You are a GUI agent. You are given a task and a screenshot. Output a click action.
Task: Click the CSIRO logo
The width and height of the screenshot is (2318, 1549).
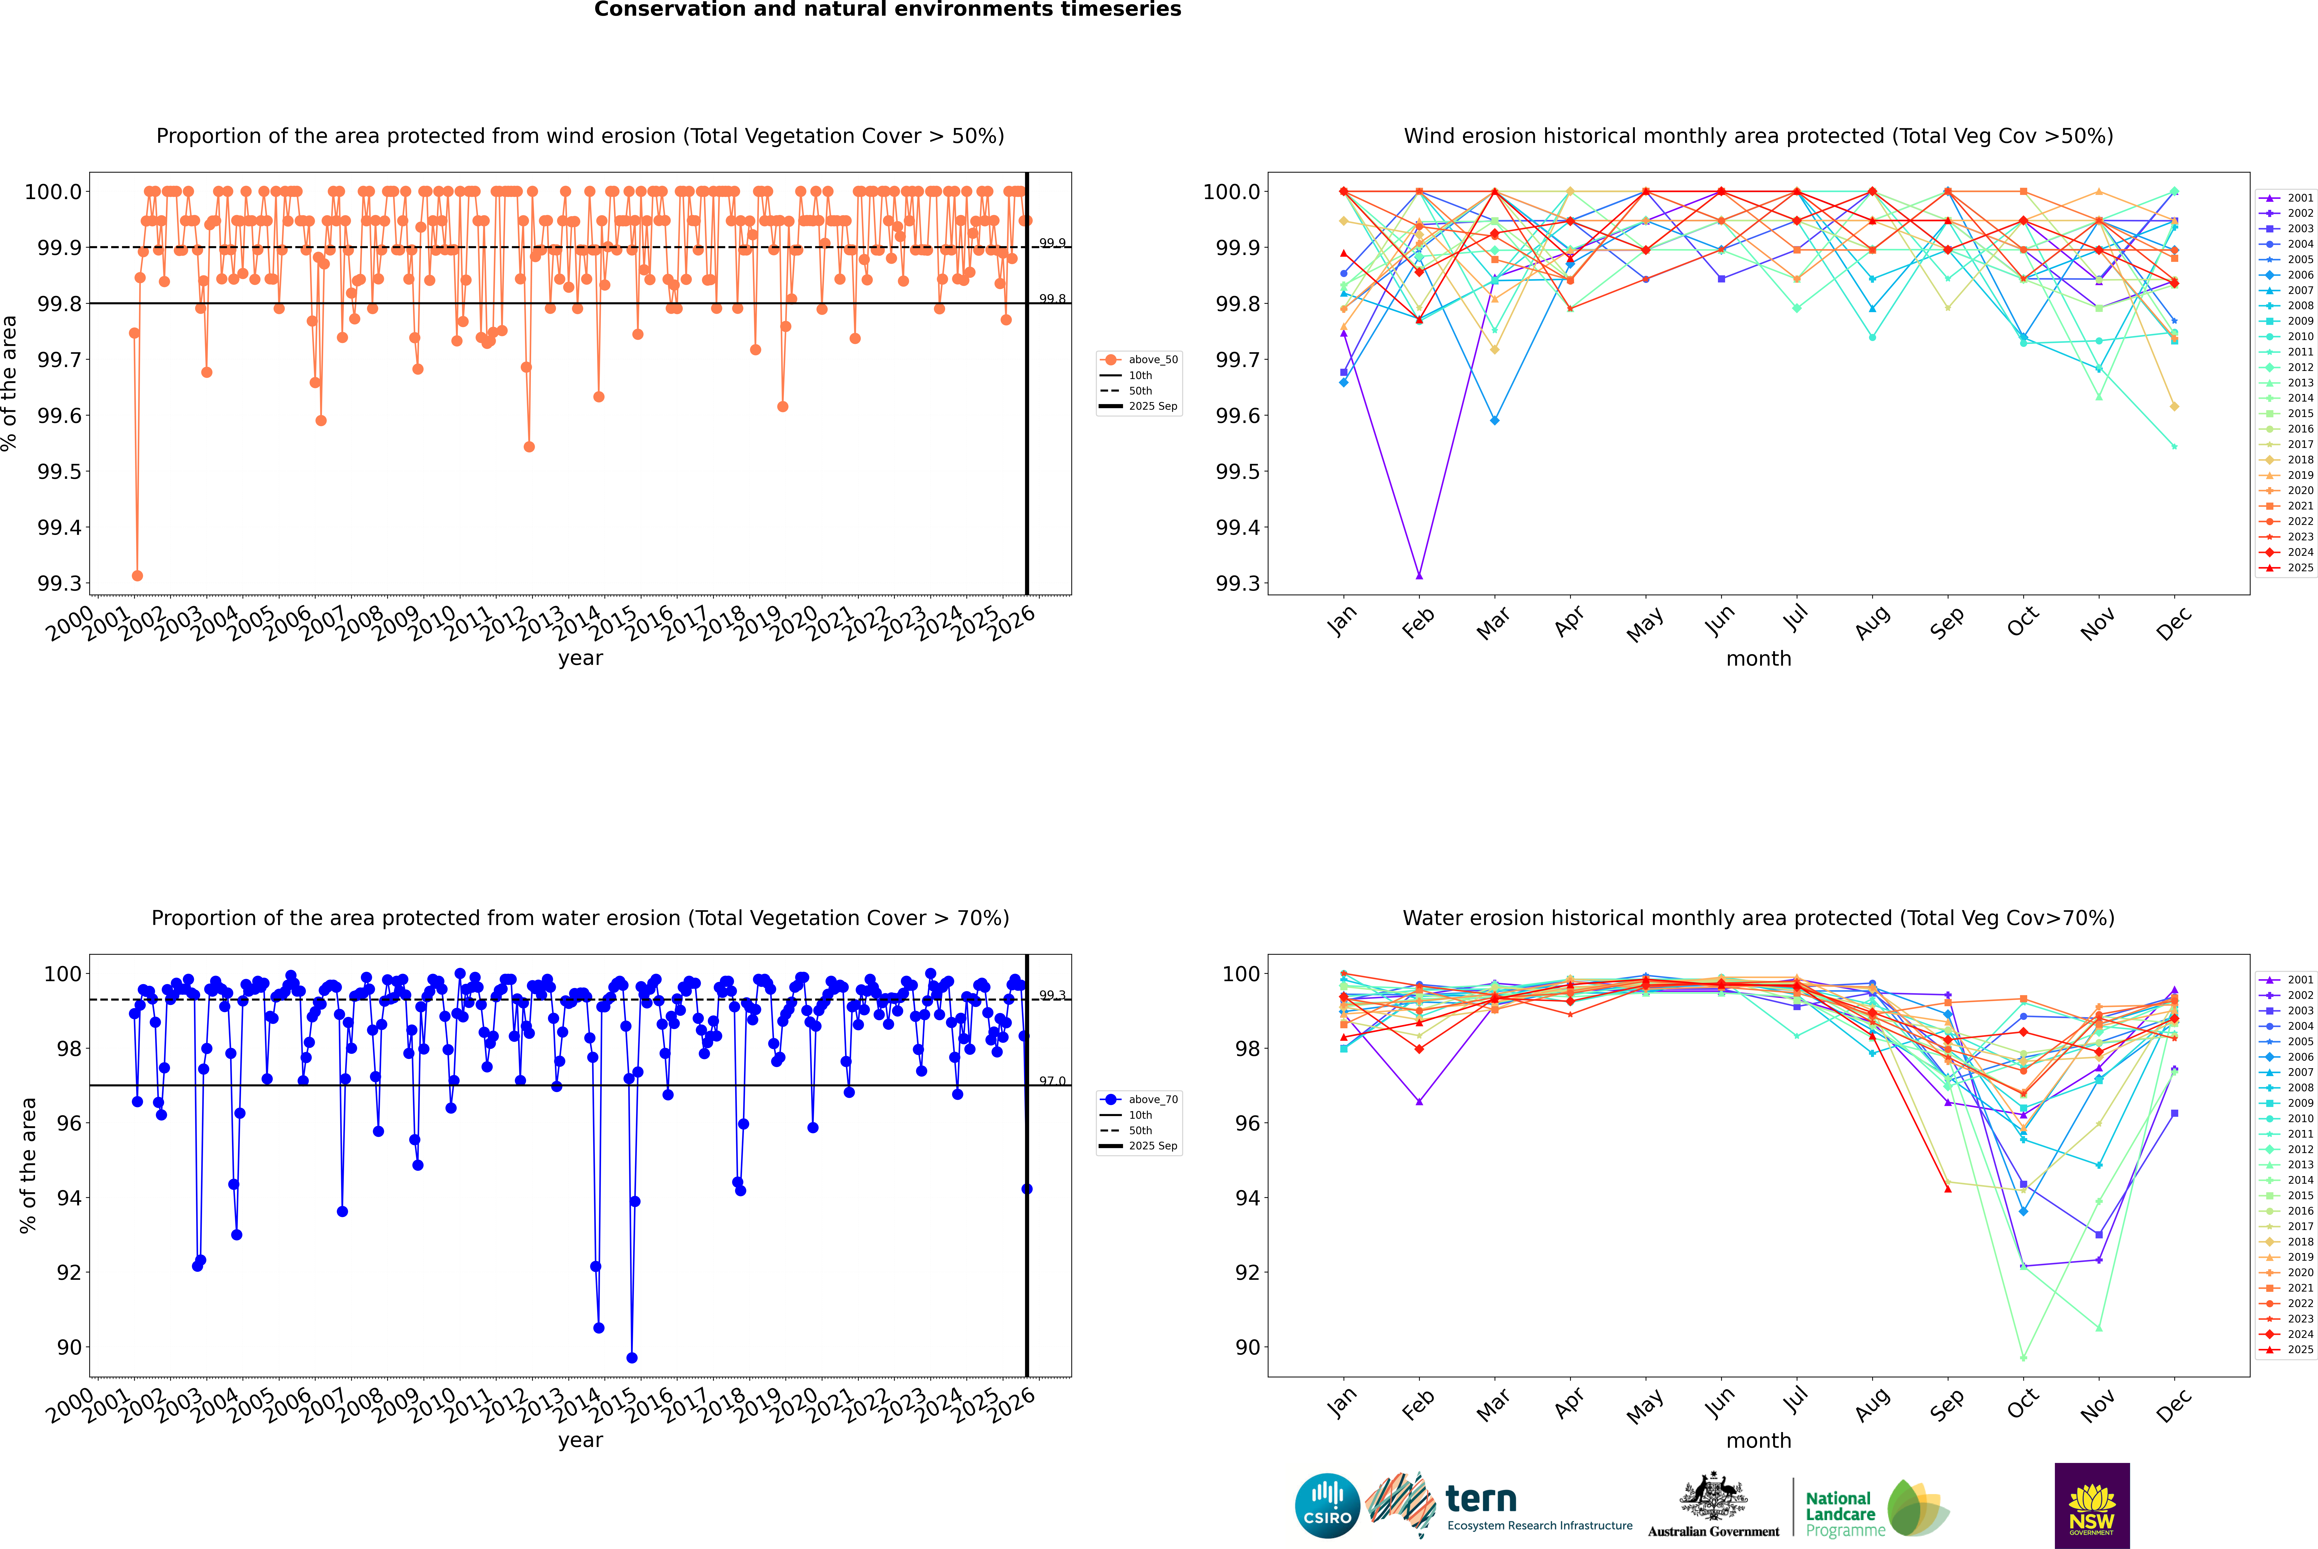click(x=1327, y=1506)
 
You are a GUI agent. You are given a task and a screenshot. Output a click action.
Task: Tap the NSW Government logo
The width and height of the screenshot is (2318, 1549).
click(x=2092, y=1506)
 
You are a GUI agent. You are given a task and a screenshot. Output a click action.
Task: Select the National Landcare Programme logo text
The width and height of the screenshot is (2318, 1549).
click(x=1840, y=1513)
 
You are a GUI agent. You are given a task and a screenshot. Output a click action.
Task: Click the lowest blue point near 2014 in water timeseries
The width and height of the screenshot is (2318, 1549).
click(x=632, y=1357)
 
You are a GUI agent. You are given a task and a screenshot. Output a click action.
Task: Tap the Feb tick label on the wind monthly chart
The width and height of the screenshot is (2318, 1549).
click(x=1418, y=622)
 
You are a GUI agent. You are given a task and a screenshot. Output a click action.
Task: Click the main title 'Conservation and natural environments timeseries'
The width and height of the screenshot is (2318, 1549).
click(x=887, y=10)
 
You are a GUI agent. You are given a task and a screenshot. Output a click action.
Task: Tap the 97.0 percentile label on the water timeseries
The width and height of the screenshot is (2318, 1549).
click(x=1052, y=1082)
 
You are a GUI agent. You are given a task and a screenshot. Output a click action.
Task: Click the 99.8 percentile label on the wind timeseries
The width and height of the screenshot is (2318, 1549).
click(x=1052, y=299)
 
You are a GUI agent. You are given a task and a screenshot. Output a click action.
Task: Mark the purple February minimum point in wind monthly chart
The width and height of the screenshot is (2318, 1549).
click(x=1419, y=575)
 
